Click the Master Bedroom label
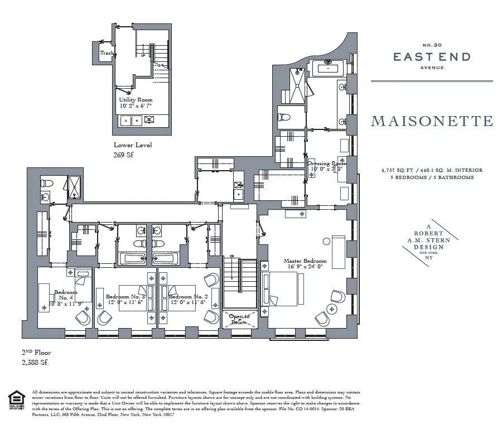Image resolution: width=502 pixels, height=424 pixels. [305, 261]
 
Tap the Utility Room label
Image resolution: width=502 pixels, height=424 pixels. [136, 99]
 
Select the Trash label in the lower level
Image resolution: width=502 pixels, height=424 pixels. [107, 53]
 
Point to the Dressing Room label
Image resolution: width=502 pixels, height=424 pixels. [326, 163]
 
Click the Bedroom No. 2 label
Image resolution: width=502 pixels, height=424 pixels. [189, 296]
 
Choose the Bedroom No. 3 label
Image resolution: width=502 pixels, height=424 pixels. [125, 296]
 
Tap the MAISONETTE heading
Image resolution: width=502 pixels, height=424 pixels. [432, 121]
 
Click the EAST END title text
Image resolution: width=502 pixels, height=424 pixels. [432, 56]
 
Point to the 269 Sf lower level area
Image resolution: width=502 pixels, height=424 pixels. [124, 156]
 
